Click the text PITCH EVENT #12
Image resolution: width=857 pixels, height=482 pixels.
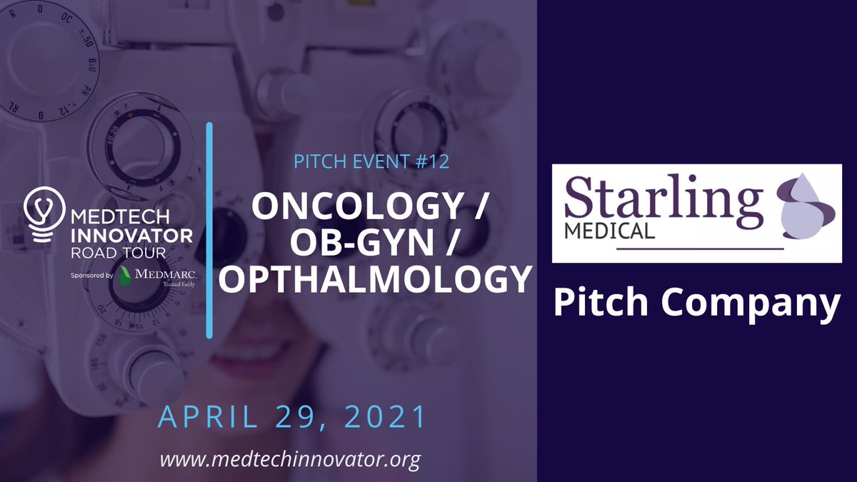(x=371, y=162)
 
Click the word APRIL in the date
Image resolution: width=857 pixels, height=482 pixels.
(x=201, y=417)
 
